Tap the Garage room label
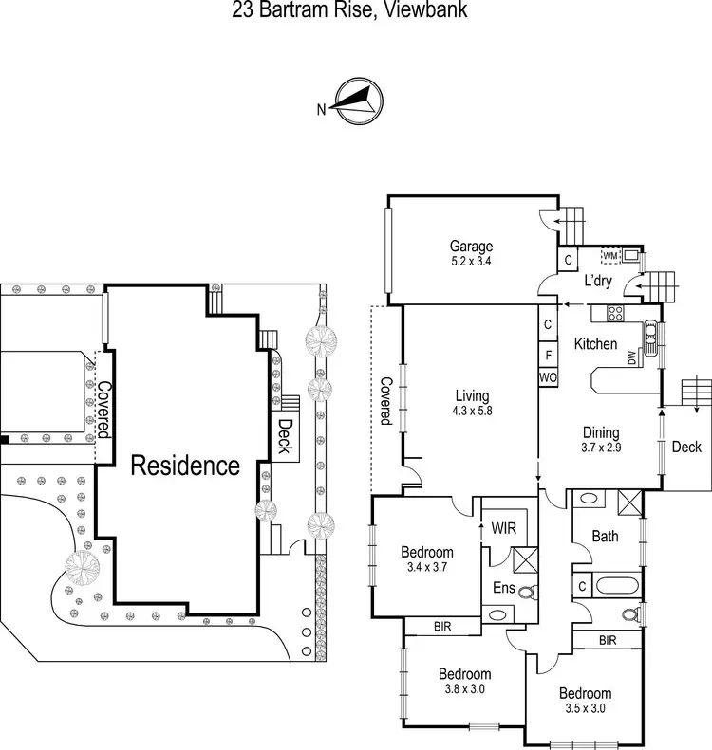click(x=472, y=247)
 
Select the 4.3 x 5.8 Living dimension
click(x=472, y=411)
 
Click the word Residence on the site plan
click(x=185, y=466)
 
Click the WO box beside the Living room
click(x=549, y=377)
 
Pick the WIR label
click(x=503, y=527)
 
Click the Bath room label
click(x=605, y=536)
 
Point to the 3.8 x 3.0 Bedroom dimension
click(x=464, y=689)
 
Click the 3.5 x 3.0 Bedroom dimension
click(x=584, y=707)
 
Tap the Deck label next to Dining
click(x=685, y=447)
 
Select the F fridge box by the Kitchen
click(x=549, y=355)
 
